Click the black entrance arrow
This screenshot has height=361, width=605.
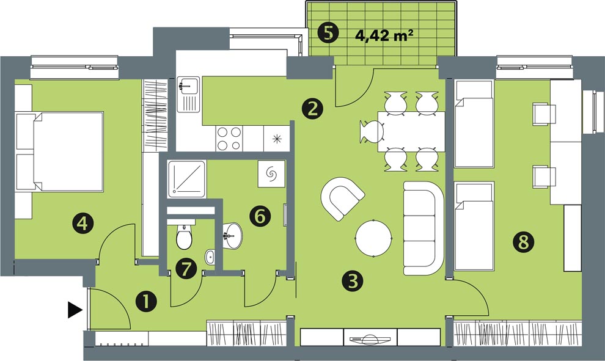(x=75, y=310)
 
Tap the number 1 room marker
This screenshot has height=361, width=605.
(x=146, y=302)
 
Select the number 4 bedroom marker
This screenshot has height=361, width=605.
(x=83, y=223)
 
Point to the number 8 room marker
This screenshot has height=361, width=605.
(x=524, y=242)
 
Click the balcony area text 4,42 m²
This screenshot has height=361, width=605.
(x=384, y=35)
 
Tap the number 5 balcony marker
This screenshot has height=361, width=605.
(x=328, y=34)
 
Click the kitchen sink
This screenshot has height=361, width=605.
(x=188, y=95)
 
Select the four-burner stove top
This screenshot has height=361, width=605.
(x=229, y=139)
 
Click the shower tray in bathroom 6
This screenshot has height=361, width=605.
(x=187, y=179)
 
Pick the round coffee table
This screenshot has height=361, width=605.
(x=373, y=238)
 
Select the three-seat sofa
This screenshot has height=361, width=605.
(x=424, y=228)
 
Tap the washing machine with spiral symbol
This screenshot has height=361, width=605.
(x=271, y=174)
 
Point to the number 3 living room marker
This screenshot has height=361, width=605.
(x=353, y=280)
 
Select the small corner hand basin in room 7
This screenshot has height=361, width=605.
(x=210, y=257)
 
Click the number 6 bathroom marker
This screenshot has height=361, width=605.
(x=260, y=216)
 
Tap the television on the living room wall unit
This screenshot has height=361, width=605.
(x=370, y=338)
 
